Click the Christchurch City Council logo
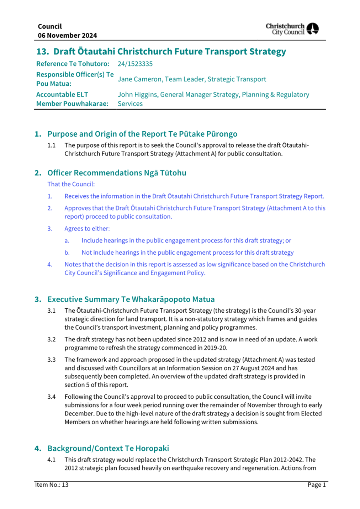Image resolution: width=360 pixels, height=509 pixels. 292,29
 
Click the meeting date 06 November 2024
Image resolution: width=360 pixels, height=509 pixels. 67,36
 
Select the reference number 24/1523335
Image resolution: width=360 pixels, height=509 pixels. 135,64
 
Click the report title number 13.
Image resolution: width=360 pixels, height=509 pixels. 42,52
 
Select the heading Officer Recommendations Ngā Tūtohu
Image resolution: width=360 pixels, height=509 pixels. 117,173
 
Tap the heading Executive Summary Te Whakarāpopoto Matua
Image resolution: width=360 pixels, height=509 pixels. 131,299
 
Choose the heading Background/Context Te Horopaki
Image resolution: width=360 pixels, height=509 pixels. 108,449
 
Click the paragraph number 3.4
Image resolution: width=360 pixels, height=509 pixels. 52,397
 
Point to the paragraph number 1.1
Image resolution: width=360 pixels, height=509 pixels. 52,145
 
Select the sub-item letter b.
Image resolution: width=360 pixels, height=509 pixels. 67,253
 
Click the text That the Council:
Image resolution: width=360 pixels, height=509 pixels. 71,184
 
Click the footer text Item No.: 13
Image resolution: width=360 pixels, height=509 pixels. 52,485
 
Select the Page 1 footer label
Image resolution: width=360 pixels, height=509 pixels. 317,485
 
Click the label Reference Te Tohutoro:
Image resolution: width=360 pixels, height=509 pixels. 73,64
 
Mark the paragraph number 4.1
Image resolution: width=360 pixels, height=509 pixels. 52,460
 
